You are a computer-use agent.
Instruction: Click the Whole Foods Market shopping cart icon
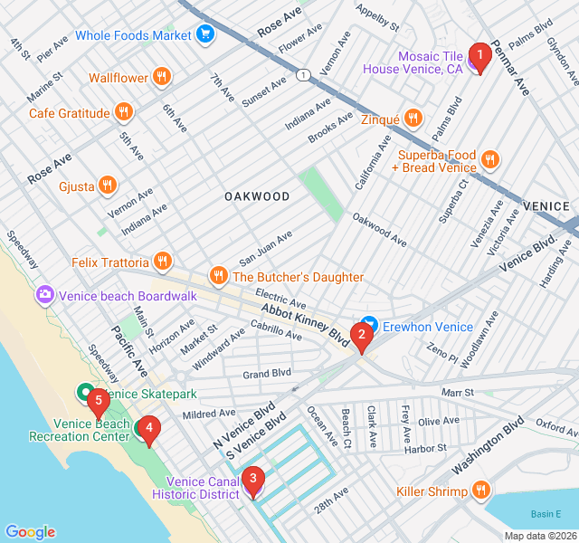(205, 34)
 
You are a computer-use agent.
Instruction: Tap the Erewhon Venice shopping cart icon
(369, 326)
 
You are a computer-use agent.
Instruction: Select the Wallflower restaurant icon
(162, 77)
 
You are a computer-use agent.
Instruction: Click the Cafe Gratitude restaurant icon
(124, 112)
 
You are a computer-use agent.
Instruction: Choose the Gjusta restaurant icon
(107, 185)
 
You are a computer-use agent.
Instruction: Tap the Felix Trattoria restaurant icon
(163, 262)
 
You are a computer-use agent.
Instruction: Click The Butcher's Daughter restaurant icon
(218, 276)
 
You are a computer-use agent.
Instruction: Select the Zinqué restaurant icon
(413, 118)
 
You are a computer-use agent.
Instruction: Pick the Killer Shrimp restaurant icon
(480, 491)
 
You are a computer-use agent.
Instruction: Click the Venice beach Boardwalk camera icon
(44, 295)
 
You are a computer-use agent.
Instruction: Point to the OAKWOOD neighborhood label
(257, 196)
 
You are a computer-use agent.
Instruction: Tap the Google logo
(30, 531)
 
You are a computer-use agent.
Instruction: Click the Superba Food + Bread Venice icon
(489, 160)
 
